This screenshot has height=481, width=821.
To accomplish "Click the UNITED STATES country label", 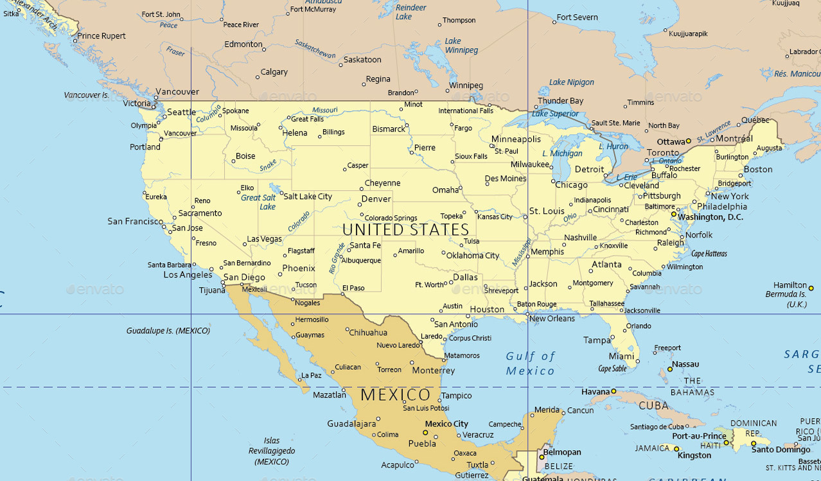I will pos(406,230).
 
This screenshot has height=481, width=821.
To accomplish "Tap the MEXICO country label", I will pos(396,395).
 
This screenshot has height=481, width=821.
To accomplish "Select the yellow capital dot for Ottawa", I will pos(688,141).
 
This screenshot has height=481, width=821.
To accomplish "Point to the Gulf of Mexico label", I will pos(530,363).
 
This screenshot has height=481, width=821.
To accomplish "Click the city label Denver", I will pos(376,199).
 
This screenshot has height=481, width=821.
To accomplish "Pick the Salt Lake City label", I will pos(308,197).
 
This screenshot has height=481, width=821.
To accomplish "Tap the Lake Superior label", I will pos(555,114).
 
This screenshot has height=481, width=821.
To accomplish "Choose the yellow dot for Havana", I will pos(614,391).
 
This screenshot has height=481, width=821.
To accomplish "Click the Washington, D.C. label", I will pos(710,217).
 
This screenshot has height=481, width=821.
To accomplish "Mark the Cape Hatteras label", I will pos(709,254).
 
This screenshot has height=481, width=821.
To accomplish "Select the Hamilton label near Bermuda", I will pos(790,284).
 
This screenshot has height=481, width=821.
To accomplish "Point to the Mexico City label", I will pos(446,424).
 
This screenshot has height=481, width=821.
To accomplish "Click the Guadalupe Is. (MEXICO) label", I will pos(168,331).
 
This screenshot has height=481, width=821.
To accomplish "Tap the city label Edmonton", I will pos(243,45).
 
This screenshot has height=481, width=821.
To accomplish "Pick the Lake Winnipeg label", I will pos(461,46).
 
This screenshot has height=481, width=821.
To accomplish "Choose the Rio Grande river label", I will pos(337,258).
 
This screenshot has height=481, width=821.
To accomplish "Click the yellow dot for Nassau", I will pos(669,369).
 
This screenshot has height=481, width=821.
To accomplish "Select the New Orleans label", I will pos(552,319).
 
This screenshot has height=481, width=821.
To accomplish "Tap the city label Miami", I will pos(621,356).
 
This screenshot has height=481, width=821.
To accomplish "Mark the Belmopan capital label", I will pos(563,452).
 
